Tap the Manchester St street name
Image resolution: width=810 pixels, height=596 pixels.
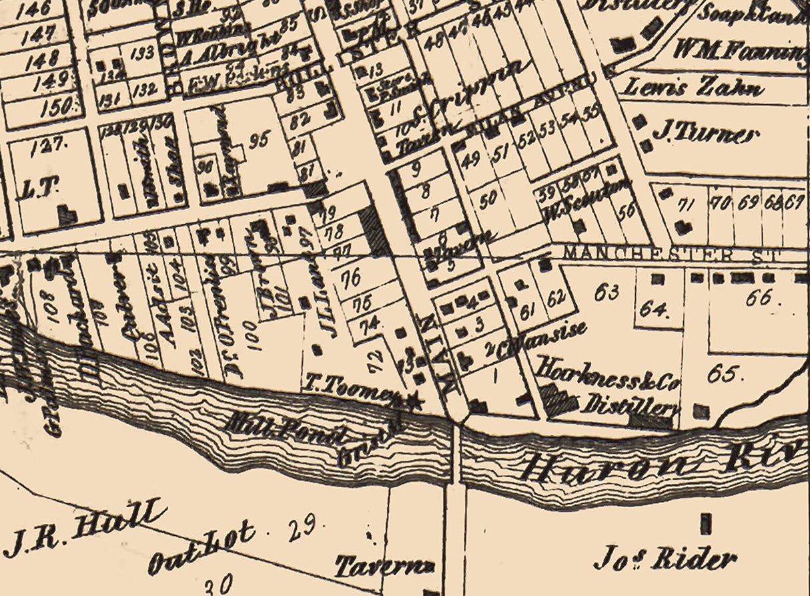[x=674, y=254]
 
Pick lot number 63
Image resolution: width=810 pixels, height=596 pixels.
[x=609, y=292]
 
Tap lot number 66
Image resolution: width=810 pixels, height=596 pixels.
[x=759, y=298]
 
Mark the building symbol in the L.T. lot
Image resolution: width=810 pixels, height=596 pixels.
[x=67, y=214]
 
